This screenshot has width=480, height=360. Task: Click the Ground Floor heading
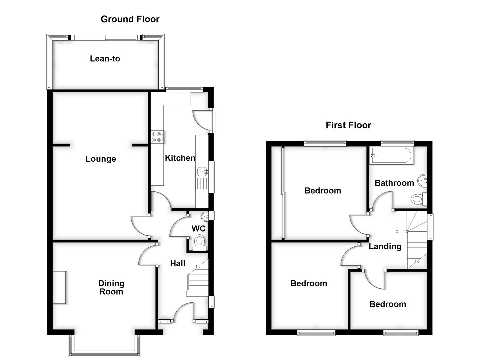[x=130, y=19]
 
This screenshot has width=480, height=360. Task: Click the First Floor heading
[x=348, y=125]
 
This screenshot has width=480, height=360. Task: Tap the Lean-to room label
[x=105, y=59]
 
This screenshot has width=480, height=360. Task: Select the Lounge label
[x=101, y=159]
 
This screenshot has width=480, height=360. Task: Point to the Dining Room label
[x=111, y=287]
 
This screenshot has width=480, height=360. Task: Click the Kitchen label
[x=180, y=158]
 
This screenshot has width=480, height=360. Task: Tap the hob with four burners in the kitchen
[x=157, y=137]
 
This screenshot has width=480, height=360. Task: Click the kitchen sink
[x=202, y=172]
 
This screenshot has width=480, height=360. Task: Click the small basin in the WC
[x=205, y=216]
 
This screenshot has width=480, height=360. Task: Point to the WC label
[x=198, y=229]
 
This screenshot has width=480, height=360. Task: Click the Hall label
[x=178, y=264]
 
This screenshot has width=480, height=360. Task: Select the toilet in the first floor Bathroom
[x=418, y=199]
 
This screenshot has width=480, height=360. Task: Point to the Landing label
[x=385, y=247]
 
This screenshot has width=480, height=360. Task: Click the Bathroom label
[x=394, y=183]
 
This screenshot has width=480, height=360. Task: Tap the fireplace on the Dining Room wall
[x=59, y=287]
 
